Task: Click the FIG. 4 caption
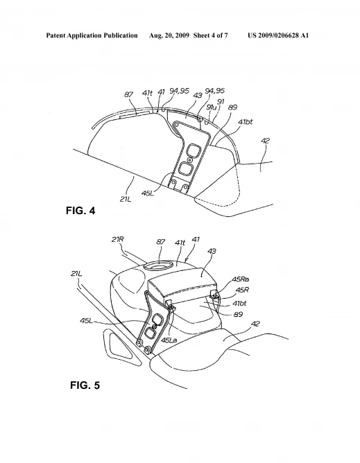(x=80, y=211)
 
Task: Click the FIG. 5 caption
(x=85, y=385)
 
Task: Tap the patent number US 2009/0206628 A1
(x=278, y=35)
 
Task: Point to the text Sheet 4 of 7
(x=210, y=35)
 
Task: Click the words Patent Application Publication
(x=92, y=36)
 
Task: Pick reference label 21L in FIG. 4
(x=126, y=199)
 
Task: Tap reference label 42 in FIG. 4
(x=266, y=141)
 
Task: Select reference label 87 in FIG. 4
(x=128, y=94)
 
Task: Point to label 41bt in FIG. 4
(x=246, y=122)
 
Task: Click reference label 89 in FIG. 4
(x=232, y=107)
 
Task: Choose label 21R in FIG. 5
(x=117, y=239)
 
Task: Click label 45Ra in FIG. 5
(x=241, y=279)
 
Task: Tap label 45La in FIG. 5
(x=169, y=340)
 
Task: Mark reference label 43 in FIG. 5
(x=212, y=251)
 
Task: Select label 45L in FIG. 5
(x=86, y=320)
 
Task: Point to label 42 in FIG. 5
(x=255, y=324)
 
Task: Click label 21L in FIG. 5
(x=76, y=274)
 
